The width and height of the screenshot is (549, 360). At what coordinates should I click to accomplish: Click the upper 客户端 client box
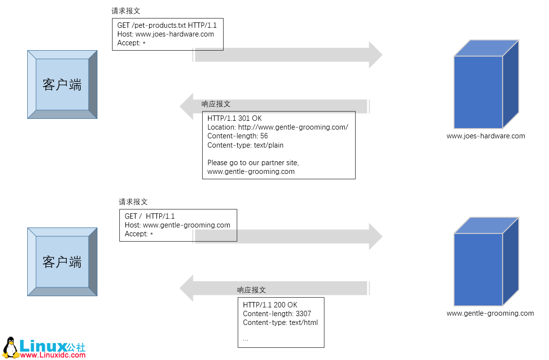(62, 85)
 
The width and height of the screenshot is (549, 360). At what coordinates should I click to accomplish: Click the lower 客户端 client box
(62, 262)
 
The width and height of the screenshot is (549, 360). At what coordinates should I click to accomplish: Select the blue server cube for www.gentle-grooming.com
(479, 269)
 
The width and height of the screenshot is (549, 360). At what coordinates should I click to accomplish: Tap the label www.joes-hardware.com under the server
(486, 136)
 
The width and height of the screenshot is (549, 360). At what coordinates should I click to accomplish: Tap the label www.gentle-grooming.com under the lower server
(490, 313)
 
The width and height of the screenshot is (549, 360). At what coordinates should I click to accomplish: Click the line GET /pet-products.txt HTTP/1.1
(167, 25)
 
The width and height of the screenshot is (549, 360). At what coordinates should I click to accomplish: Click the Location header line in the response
(278, 127)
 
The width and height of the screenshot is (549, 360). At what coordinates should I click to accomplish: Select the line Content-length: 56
(237, 136)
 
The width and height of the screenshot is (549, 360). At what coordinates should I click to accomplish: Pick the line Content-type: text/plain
(245, 145)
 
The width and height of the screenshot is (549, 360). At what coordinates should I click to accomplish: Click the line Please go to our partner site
(253, 163)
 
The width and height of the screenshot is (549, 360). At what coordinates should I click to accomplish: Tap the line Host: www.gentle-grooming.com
(177, 225)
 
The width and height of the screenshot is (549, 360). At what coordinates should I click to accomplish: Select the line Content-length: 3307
(277, 314)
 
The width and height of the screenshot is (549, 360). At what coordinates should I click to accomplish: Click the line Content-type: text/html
(280, 322)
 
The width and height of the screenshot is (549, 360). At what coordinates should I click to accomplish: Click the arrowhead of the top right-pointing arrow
(375, 55)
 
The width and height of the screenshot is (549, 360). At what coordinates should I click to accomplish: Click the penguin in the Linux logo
(10, 346)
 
